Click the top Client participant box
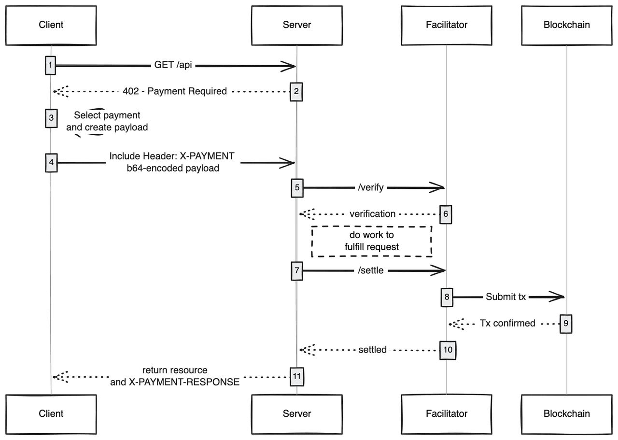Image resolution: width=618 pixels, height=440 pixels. click(x=51, y=24)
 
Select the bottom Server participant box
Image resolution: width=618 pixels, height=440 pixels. click(x=297, y=413)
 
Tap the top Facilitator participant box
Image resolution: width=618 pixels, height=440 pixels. click(x=447, y=24)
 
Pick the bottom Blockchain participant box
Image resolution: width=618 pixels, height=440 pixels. click(x=567, y=413)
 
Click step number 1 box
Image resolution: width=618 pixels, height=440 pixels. click(x=50, y=65)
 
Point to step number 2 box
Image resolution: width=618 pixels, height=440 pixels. click(x=296, y=91)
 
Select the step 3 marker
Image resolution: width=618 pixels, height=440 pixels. click(x=50, y=118)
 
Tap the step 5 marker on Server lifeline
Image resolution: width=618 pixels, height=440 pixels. click(x=297, y=187)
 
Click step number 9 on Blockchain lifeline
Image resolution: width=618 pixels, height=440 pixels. click(x=566, y=323)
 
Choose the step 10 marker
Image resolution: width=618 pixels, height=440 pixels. click(x=447, y=350)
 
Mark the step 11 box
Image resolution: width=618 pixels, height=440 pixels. click(x=297, y=376)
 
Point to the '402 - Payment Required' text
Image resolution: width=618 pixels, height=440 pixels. click(x=175, y=91)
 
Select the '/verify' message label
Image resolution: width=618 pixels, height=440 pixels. click(x=371, y=187)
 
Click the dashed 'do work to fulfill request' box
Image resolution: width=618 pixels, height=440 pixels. click(x=371, y=241)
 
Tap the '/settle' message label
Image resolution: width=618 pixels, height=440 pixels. click(x=371, y=270)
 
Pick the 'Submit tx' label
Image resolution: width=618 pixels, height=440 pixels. click(x=506, y=297)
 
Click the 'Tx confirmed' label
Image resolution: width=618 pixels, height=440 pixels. click(x=507, y=323)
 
